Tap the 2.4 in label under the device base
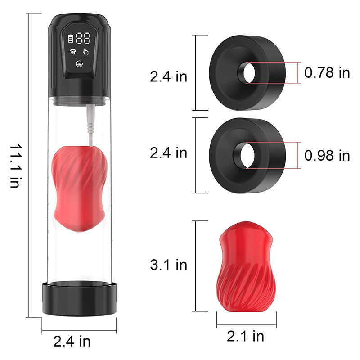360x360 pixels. point(72,341)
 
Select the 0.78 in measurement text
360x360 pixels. point(327,73)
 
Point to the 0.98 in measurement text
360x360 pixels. point(327,155)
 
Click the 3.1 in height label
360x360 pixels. point(168,265)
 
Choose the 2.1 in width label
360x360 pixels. point(246,335)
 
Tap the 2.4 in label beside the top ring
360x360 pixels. point(168,76)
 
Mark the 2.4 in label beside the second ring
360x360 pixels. point(168,153)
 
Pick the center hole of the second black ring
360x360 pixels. point(248,155)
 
